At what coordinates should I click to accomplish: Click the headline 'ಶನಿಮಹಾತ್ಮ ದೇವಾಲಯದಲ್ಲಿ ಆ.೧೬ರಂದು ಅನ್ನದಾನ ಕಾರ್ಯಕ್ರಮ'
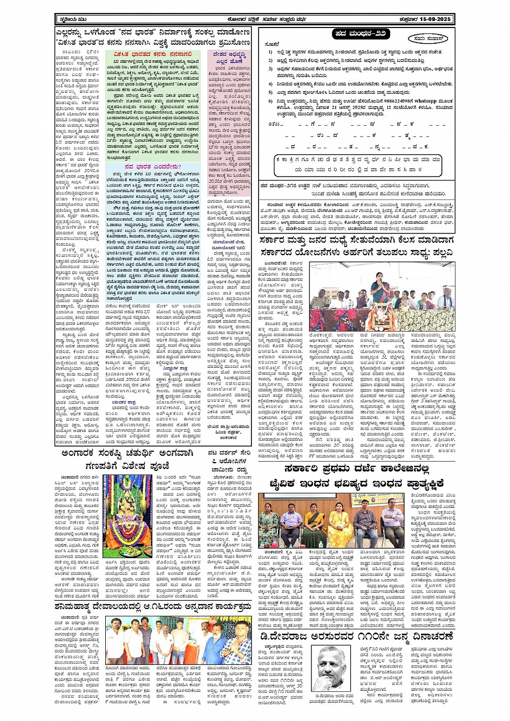coord(153,606)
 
